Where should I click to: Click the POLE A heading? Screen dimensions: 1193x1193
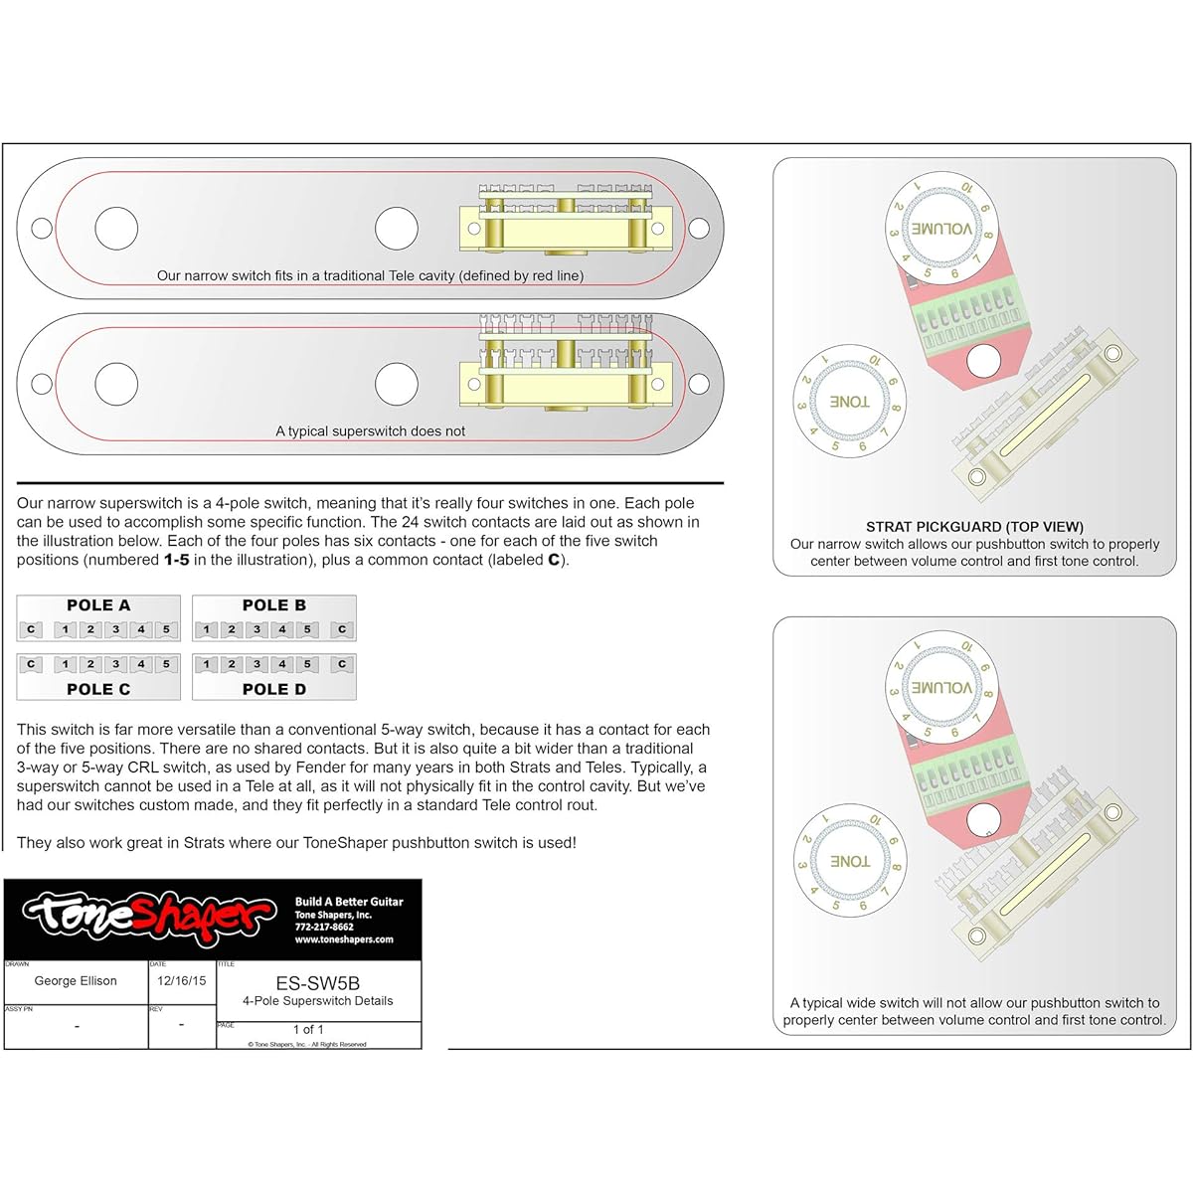tap(98, 605)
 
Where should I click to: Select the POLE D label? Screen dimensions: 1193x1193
tap(274, 689)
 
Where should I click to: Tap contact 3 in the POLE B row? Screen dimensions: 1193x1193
tap(257, 629)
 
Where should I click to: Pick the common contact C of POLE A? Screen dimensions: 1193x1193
tap(31, 629)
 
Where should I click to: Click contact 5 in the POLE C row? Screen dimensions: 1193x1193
tap(166, 664)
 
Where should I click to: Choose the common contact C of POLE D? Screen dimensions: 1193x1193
tap(342, 664)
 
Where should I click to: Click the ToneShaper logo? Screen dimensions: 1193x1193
tap(149, 915)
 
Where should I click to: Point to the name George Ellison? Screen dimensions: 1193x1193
tap(76, 981)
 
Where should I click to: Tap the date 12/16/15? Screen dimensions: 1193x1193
tap(182, 981)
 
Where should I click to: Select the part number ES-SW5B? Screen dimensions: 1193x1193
tap(318, 983)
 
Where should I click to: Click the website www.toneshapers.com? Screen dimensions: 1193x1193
tap(344, 939)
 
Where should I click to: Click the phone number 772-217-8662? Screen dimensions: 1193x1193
tap(324, 927)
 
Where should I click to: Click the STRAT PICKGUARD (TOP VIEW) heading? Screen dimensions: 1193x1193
tap(974, 527)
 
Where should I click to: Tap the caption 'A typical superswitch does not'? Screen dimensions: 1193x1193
tap(370, 431)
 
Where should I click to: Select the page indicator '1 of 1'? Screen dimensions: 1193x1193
tap(308, 1029)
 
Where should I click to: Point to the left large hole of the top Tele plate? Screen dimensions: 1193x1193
tap(116, 228)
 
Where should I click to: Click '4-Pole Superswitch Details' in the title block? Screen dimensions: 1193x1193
tap(318, 1001)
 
